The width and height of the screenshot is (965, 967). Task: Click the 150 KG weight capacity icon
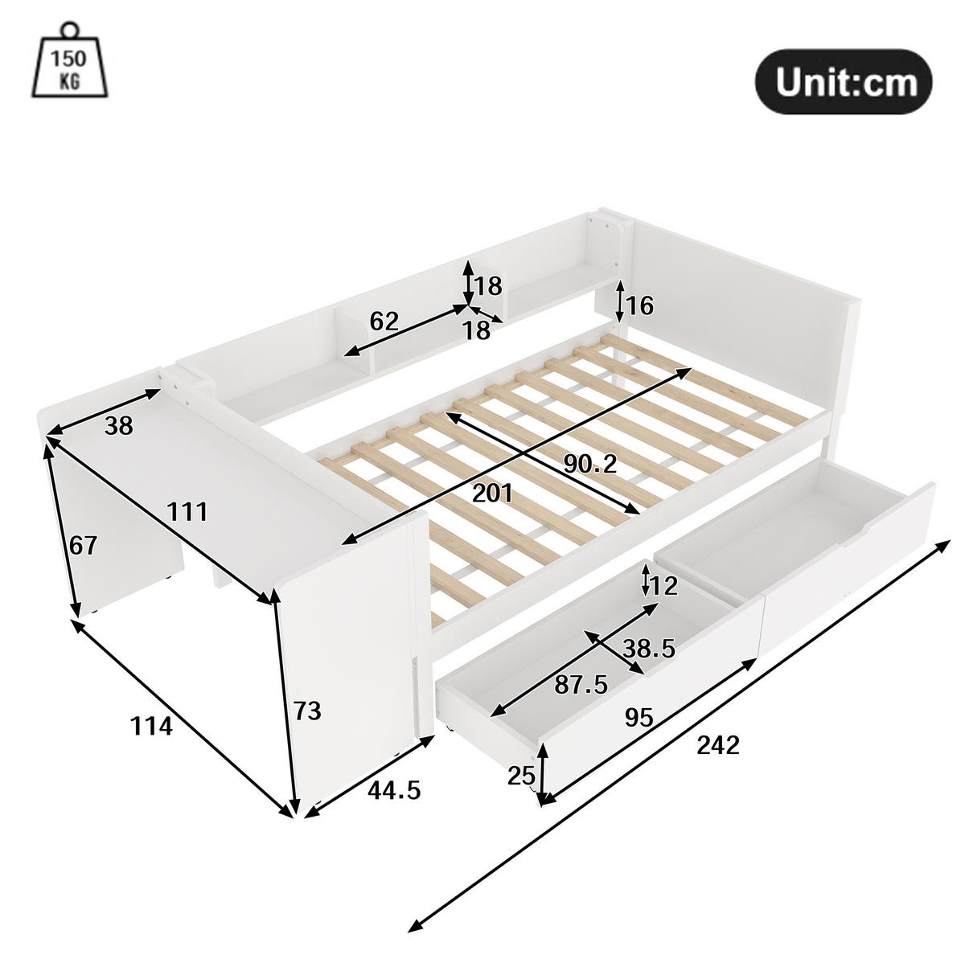click(69, 59)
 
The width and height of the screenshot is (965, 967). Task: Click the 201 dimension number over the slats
click(492, 494)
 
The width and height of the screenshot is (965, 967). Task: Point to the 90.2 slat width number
click(589, 464)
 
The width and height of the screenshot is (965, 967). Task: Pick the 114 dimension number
click(151, 726)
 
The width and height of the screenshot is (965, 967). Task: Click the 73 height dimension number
click(306, 711)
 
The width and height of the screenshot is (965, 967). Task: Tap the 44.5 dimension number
click(393, 791)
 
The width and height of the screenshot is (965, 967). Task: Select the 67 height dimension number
click(83, 546)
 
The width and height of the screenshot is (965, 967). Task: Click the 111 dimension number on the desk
click(187, 512)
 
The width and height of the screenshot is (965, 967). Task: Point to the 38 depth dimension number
click(119, 426)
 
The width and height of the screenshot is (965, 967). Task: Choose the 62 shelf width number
click(384, 322)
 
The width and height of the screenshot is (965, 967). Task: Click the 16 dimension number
click(640, 305)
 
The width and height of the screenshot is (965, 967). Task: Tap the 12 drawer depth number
click(664, 585)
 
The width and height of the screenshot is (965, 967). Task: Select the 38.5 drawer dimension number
click(649, 649)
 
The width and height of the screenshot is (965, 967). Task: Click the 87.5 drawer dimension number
click(581, 685)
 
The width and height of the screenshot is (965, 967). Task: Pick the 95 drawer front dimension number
click(639, 717)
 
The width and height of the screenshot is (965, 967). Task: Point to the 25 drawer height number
click(521, 776)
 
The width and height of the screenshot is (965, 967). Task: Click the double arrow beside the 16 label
click(620, 301)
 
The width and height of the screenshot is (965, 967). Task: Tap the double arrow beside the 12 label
click(646, 580)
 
